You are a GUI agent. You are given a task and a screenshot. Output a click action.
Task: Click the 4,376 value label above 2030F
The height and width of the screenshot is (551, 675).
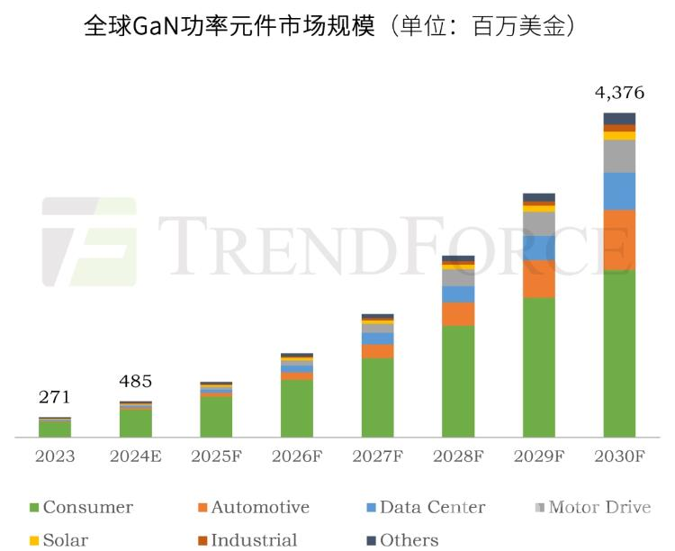(x=619, y=93)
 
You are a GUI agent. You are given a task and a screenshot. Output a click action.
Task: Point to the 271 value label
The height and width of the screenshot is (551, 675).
(x=54, y=397)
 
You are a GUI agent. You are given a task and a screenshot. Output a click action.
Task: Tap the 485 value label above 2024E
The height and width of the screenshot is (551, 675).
(x=135, y=381)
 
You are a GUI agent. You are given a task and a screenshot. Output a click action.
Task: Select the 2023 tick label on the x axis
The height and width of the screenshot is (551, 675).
(x=54, y=456)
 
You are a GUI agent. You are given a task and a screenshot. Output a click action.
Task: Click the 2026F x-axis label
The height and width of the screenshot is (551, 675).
(x=296, y=456)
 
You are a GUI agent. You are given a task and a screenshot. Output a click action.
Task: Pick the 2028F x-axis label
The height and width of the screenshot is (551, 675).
(x=458, y=456)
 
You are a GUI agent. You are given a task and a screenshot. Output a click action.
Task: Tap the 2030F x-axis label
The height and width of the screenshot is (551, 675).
(x=619, y=456)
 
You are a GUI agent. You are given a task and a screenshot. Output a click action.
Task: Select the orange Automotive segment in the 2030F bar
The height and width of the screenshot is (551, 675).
(x=619, y=239)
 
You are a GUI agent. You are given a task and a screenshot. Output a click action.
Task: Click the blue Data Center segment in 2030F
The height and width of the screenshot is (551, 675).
(x=619, y=191)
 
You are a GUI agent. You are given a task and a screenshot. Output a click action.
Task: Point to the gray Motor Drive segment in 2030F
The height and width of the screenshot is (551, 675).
(x=619, y=156)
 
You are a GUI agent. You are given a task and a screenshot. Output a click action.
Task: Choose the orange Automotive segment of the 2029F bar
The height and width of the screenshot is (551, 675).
(x=538, y=279)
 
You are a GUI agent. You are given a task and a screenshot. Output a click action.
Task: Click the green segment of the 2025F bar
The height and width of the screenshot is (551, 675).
(x=216, y=417)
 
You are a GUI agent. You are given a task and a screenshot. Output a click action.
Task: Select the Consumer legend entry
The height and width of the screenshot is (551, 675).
(x=81, y=508)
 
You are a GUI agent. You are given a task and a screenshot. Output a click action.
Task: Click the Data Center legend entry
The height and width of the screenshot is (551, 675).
(x=423, y=508)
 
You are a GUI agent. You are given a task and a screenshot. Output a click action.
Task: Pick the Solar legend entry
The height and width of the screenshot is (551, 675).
(x=58, y=540)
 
